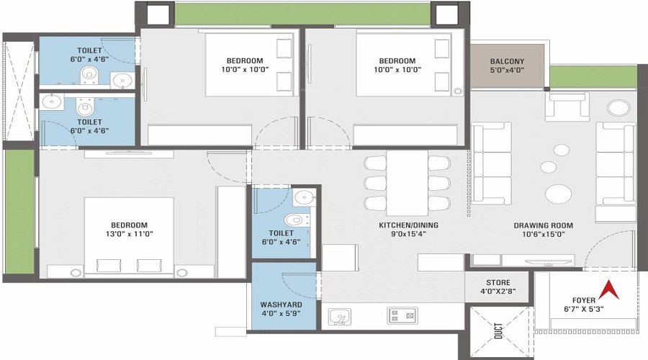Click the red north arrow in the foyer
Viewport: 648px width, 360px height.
point(609,289)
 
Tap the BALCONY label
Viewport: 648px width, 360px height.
point(507,61)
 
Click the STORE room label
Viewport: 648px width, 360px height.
point(498,283)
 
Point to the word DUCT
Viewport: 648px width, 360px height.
point(498,330)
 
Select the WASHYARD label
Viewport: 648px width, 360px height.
point(281,305)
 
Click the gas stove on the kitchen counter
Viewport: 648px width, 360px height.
point(402,315)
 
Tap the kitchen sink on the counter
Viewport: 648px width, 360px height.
point(340,317)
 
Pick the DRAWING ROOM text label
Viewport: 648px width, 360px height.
point(543,225)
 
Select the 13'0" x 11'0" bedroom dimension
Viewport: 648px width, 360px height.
point(130,234)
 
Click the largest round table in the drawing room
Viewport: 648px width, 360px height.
point(558,194)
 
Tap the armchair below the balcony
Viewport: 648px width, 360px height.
point(567,106)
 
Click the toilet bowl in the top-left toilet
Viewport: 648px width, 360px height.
point(89,75)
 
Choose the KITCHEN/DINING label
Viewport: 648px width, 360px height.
point(408,225)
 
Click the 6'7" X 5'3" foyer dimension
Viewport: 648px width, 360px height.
point(583,309)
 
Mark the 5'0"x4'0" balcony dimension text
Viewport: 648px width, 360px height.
point(507,70)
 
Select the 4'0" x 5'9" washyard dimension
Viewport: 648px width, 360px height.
point(281,313)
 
